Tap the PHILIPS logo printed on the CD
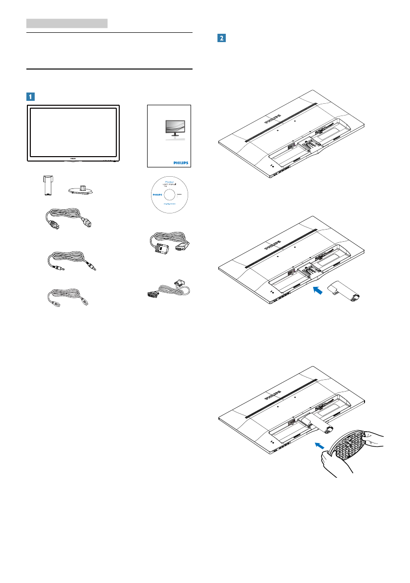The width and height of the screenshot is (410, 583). (156, 194)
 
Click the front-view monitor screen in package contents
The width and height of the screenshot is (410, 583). (73, 132)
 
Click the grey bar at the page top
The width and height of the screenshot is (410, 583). (66, 23)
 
